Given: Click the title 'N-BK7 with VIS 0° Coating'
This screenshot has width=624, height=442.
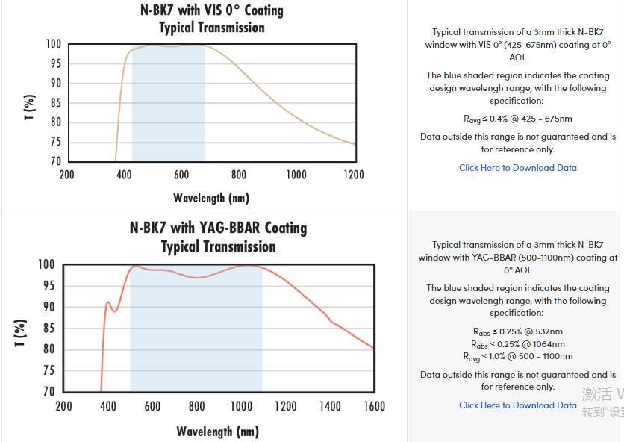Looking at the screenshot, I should coord(212,10).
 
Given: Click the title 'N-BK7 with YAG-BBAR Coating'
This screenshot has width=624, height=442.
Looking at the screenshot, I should coord(218,228).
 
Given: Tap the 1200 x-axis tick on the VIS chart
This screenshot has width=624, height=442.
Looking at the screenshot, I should coord(353,175).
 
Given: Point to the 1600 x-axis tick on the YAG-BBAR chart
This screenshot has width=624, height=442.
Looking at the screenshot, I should coord(374,406).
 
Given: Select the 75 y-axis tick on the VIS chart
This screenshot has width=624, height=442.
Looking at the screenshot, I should coord(54,142).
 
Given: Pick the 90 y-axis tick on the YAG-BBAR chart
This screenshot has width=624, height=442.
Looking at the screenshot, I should coord(47,307).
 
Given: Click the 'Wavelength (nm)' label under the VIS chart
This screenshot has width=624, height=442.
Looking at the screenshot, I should coord(211,198).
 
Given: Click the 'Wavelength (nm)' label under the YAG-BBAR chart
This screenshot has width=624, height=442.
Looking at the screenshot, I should coord(217,432).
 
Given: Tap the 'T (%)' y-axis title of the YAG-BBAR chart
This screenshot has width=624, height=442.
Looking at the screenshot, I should coord(21,332).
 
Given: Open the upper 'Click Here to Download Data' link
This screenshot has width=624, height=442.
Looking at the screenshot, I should coord(518,168).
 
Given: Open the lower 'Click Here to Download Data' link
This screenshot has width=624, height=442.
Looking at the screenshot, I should coord(518,405).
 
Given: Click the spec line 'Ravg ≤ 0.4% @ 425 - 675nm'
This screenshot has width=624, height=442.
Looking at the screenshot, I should coord(518,119).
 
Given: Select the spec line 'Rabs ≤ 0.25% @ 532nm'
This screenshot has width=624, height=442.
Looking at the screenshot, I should coord(518,331).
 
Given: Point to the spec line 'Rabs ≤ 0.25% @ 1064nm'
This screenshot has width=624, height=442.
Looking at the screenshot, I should coord(518,344).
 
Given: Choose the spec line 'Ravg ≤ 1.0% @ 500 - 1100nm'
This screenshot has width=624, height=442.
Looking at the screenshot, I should coord(518,357).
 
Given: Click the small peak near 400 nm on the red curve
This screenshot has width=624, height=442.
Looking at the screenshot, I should coord(108,302).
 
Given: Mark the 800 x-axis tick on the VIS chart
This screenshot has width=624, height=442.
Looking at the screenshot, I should coord(239,175).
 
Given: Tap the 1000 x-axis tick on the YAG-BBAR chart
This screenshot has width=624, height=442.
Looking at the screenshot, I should coord(241,406).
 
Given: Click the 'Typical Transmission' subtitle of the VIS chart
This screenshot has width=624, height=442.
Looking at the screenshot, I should coord(212,28).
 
